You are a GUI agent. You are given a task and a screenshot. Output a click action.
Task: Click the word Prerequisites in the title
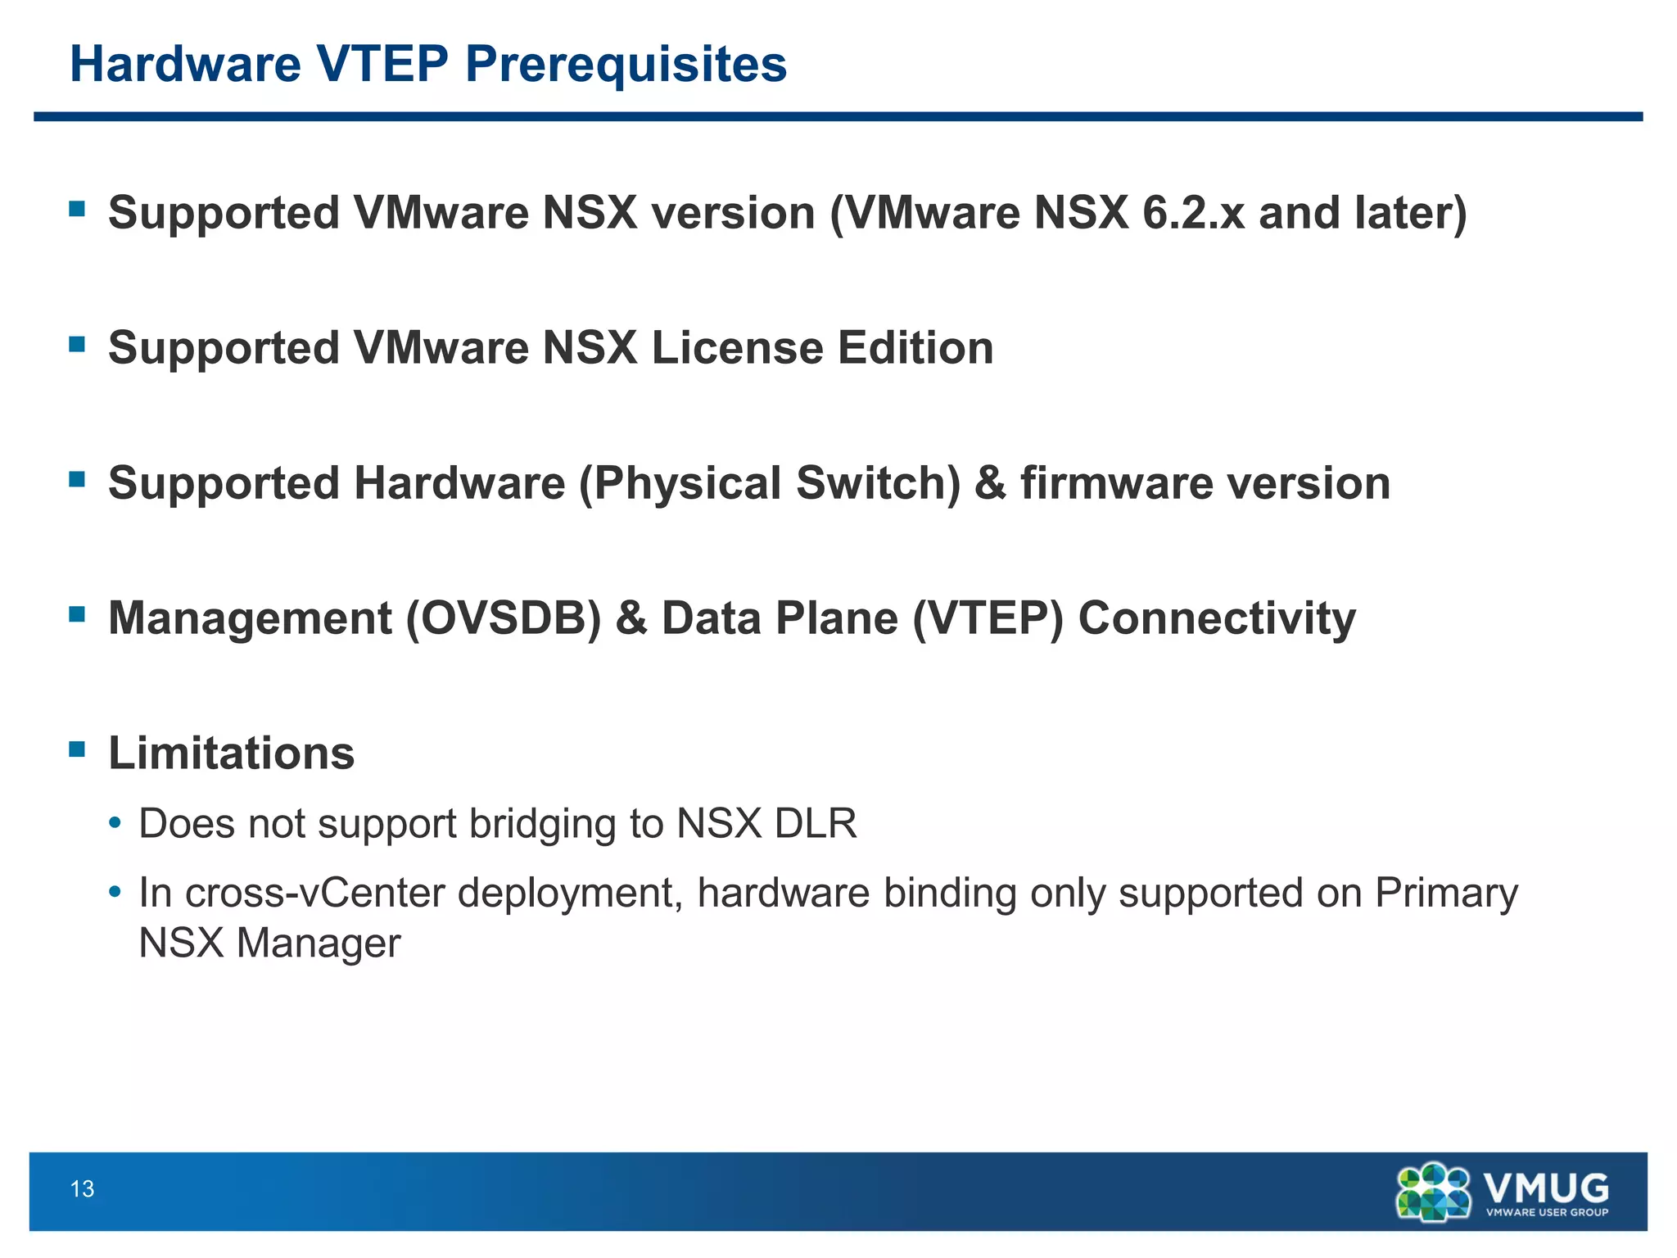626,65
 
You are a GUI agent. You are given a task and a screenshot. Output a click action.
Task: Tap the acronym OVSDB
504,618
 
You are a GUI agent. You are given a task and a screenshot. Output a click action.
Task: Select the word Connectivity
1217,618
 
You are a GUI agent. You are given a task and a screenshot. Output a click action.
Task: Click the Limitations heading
232,753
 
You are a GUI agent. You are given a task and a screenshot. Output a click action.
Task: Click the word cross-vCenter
314,893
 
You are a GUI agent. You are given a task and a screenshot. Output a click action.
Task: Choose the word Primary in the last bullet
1446,893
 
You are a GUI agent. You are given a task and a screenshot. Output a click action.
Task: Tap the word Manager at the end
319,943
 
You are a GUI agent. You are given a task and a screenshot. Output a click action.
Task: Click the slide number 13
83,1189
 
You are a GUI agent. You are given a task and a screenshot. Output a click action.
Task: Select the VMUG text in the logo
1546,1187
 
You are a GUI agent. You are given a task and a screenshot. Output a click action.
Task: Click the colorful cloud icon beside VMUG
1434,1192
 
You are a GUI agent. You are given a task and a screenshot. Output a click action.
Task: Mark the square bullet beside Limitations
78,749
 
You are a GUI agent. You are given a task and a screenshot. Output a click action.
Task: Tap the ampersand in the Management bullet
631,618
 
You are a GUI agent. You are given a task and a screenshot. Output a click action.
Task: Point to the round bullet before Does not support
116,823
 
